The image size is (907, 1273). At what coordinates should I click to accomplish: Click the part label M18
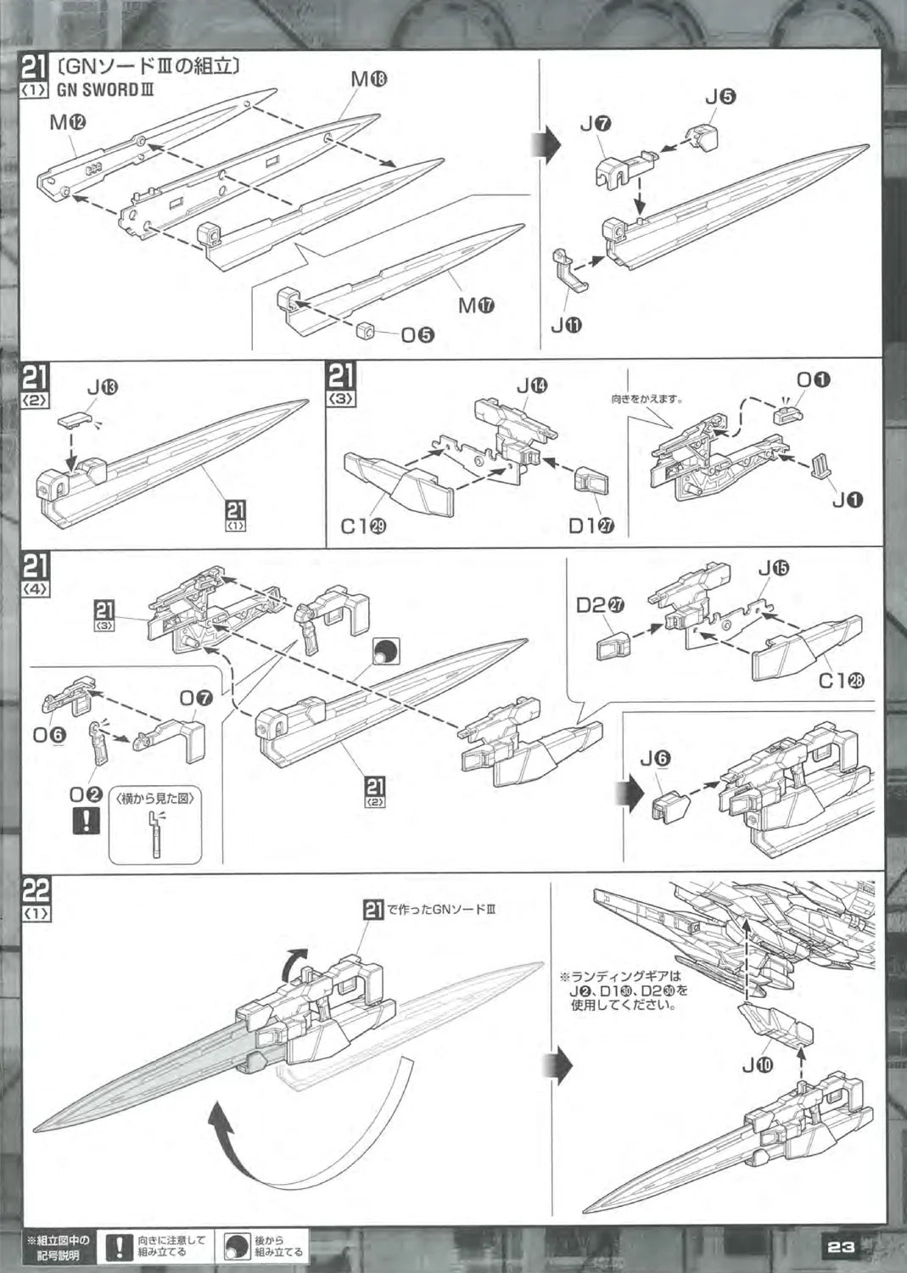(x=369, y=79)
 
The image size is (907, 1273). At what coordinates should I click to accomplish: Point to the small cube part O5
(x=366, y=330)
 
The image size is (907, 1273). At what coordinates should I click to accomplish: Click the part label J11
(x=566, y=323)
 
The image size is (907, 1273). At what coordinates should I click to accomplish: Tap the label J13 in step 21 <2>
(x=103, y=388)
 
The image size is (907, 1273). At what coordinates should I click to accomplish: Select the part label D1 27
(x=591, y=525)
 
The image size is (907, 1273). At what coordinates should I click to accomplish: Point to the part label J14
(x=532, y=386)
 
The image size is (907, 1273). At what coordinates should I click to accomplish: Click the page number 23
(x=840, y=1247)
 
